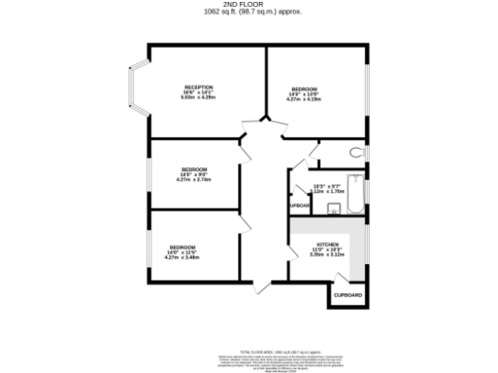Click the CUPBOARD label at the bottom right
347,294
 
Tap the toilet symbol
357,153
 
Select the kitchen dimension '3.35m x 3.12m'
326,256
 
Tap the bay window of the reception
137,91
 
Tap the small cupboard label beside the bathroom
299,206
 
